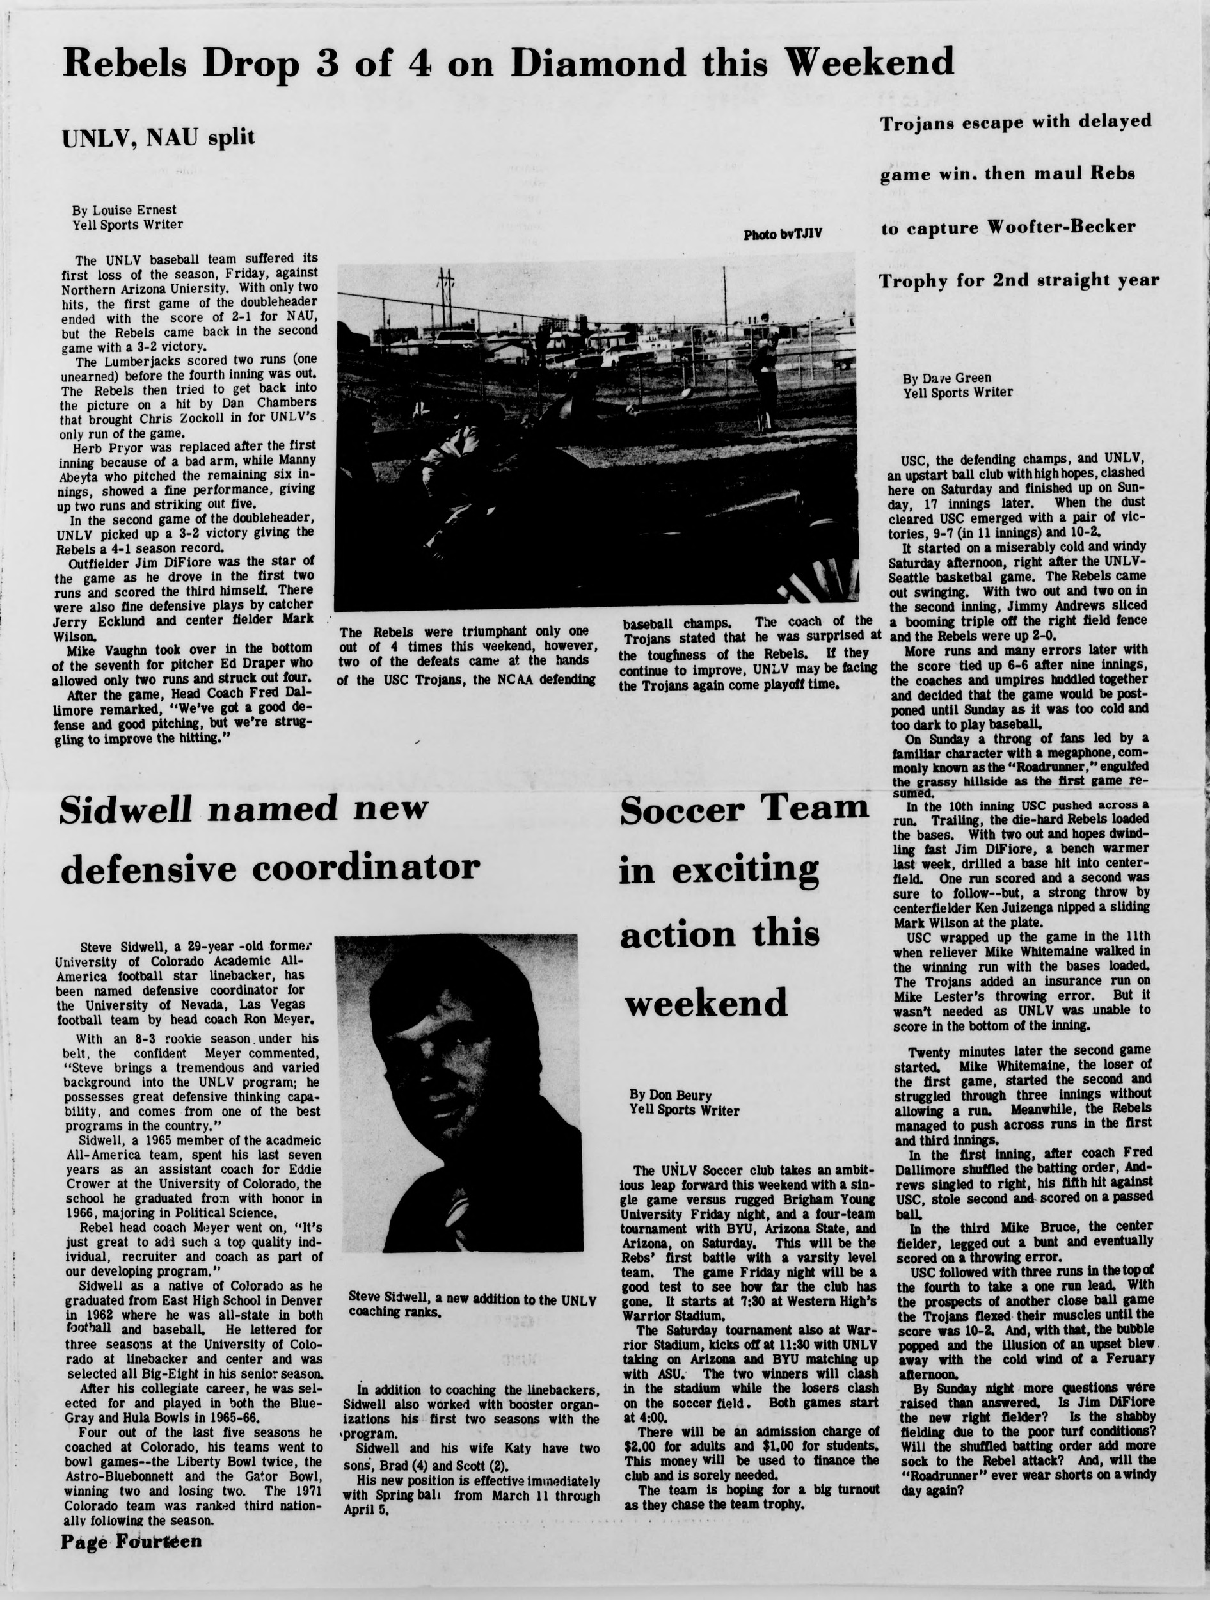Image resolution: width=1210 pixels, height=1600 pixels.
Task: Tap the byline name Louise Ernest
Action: click(133, 210)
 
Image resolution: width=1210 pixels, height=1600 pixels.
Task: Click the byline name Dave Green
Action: click(956, 378)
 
